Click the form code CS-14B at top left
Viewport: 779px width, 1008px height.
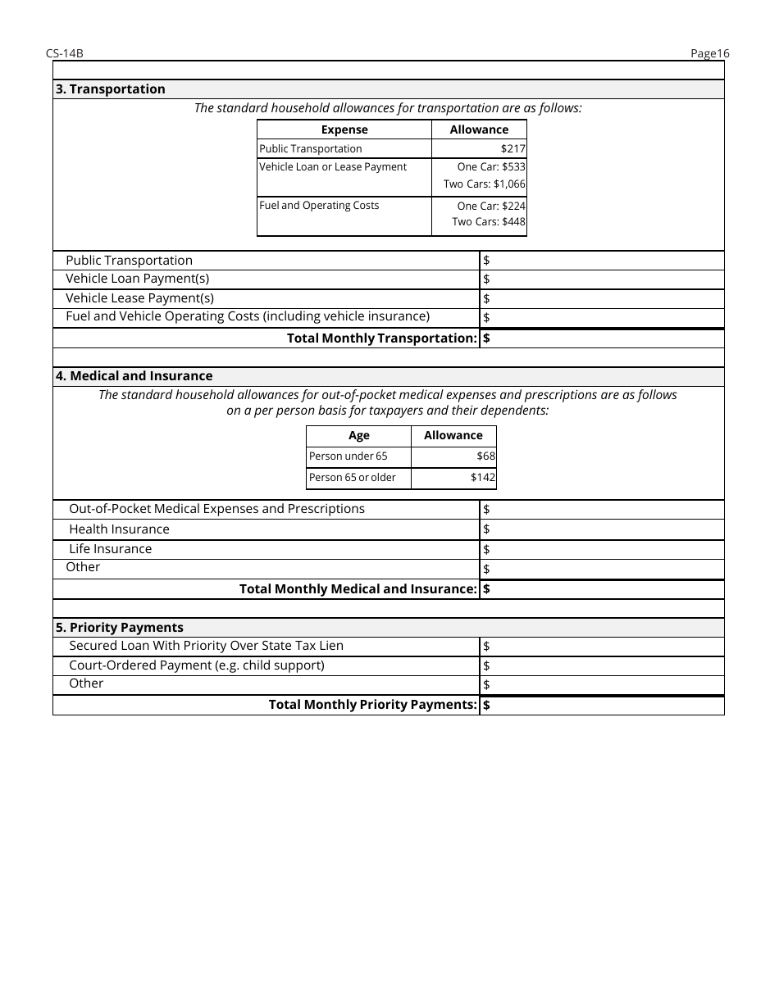click(x=65, y=54)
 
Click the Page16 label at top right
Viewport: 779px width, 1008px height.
click(x=709, y=54)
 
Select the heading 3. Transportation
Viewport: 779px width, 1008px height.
click(x=110, y=89)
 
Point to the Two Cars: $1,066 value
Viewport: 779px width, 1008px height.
click(x=485, y=184)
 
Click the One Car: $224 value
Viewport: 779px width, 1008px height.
click(x=491, y=206)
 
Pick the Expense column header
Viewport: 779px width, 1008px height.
click(x=344, y=129)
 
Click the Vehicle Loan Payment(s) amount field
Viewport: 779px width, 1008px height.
click(x=602, y=279)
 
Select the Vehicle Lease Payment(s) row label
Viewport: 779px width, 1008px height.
click(x=139, y=298)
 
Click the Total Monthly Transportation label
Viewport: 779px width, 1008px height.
click(x=381, y=338)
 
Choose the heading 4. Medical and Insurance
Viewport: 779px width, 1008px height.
click(x=134, y=376)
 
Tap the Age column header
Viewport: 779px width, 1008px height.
click(x=358, y=436)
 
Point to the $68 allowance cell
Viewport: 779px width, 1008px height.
click(x=485, y=456)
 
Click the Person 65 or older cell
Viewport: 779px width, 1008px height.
click(x=353, y=478)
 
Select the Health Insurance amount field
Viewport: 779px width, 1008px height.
click(x=602, y=530)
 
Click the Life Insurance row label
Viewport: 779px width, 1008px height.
click(x=110, y=549)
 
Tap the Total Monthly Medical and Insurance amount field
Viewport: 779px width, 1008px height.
click(x=602, y=589)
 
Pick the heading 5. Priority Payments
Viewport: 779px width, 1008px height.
click(x=120, y=628)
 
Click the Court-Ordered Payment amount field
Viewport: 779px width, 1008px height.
click(x=602, y=666)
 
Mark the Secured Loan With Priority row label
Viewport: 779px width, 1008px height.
click(x=206, y=646)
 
